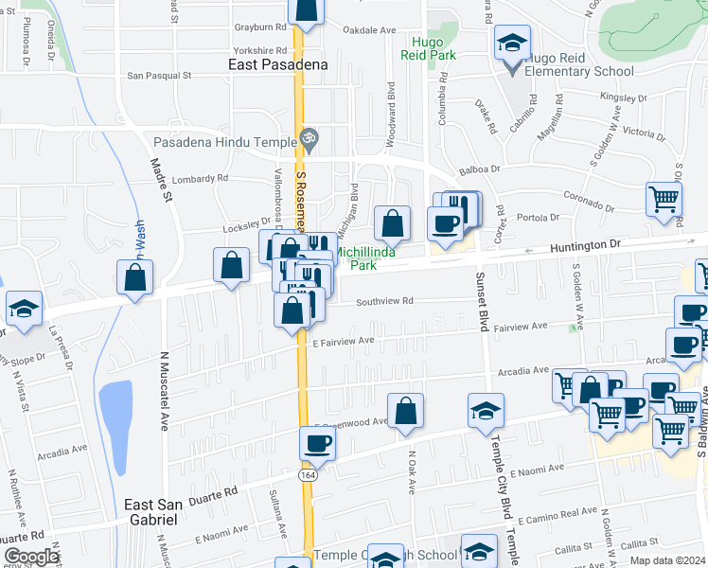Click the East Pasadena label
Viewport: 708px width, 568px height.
tap(278, 65)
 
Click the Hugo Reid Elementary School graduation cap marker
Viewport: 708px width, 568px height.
tap(512, 42)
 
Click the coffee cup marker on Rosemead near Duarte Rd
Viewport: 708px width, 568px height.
tap(317, 443)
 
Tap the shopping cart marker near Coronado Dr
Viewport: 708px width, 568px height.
tap(664, 199)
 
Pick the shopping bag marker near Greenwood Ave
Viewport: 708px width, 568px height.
tap(405, 411)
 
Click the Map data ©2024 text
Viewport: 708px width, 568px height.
tap(668, 560)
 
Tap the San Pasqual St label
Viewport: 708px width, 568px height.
tap(160, 75)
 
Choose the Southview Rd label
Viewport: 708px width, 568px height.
tap(384, 302)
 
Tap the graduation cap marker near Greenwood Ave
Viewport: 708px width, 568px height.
tap(484, 410)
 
